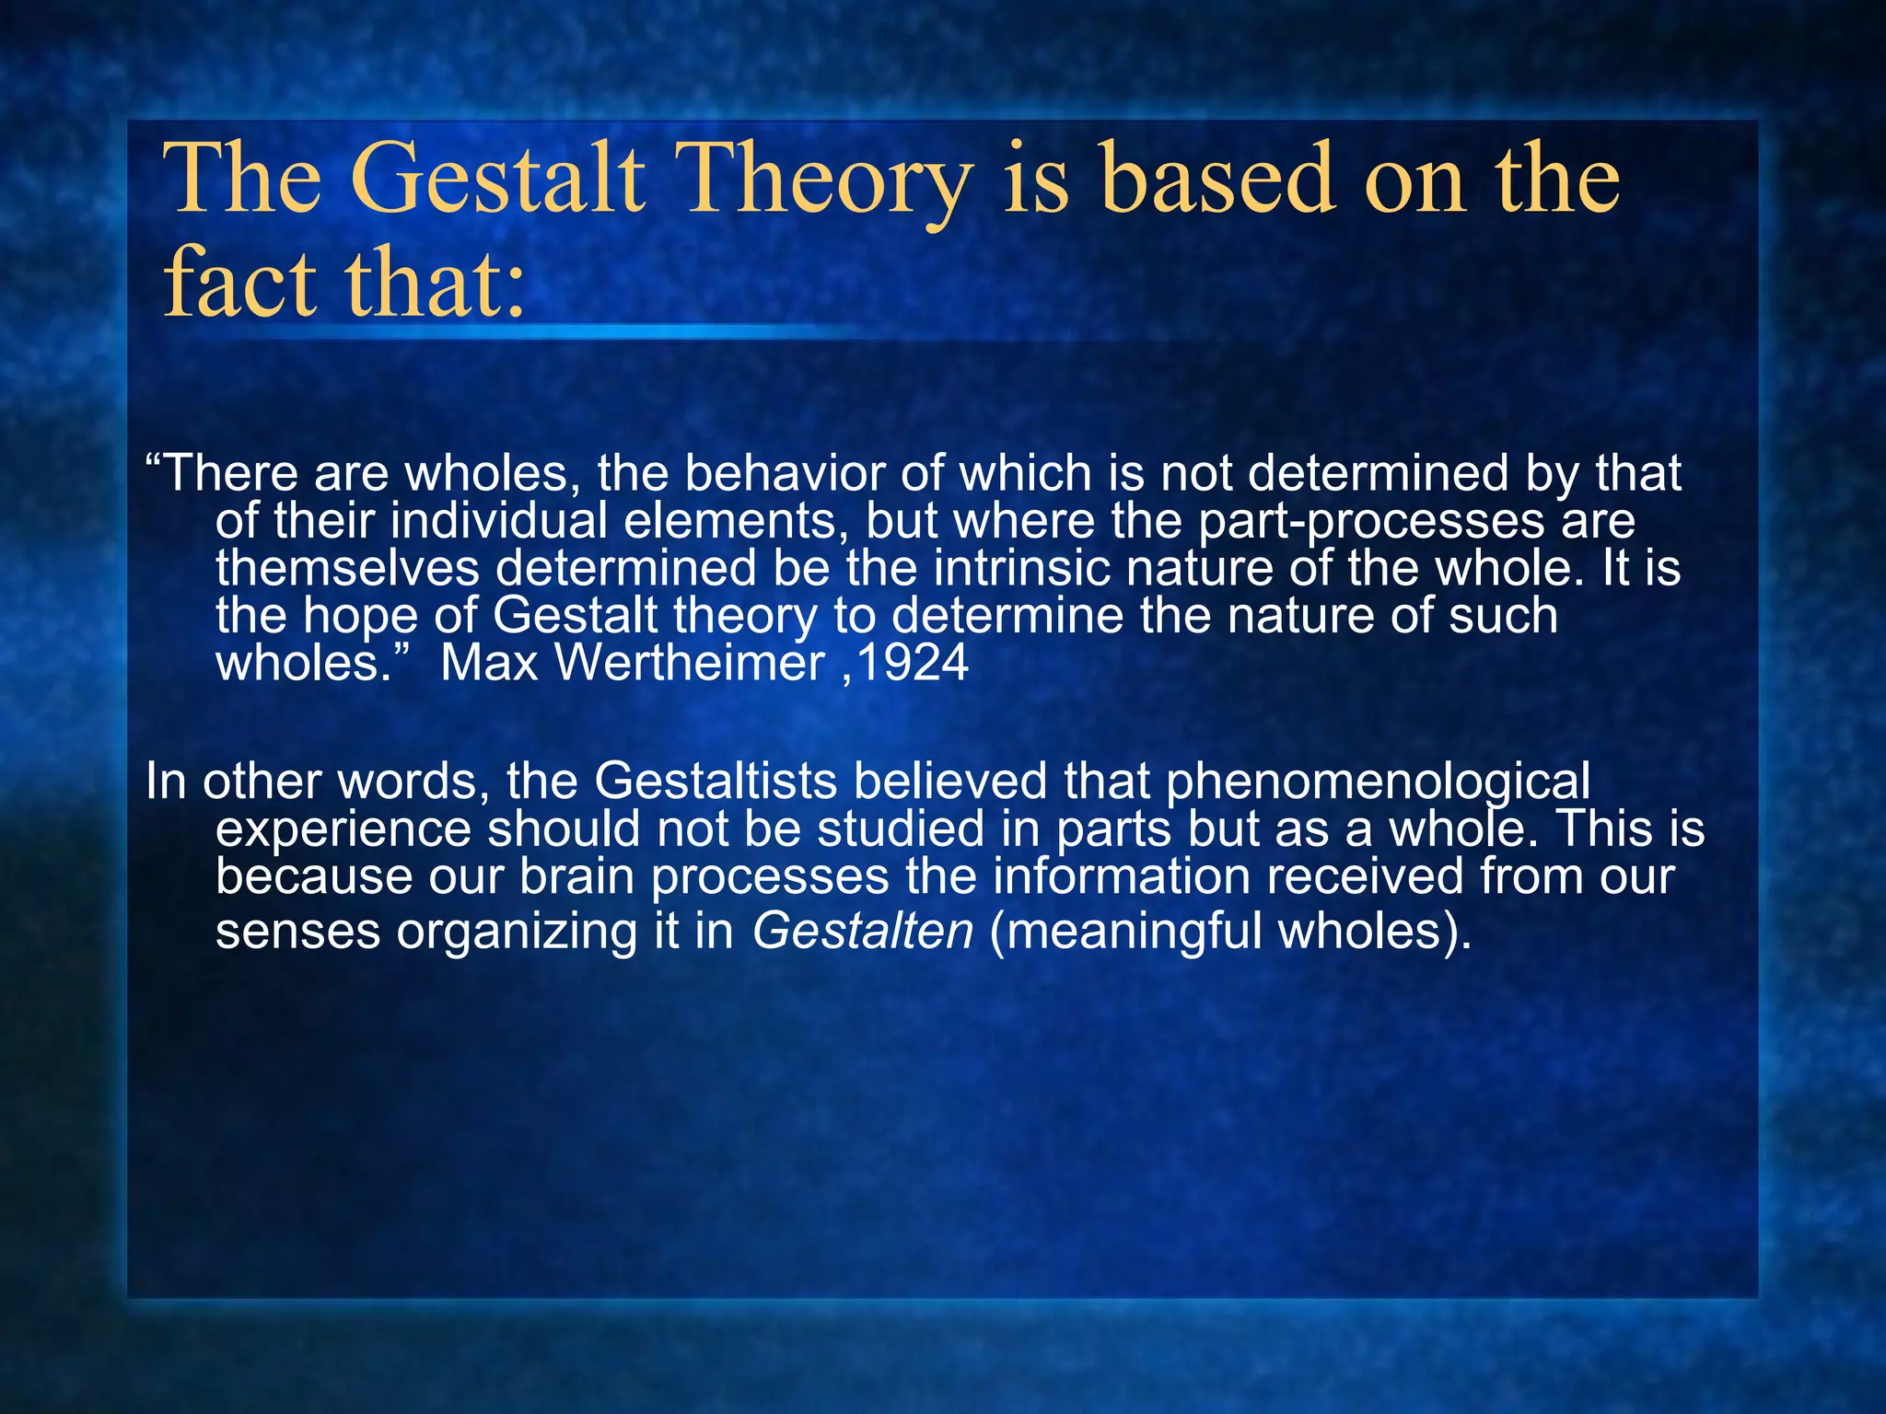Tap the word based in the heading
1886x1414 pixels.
1217,180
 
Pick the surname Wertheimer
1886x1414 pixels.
690,663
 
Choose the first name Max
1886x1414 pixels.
488,663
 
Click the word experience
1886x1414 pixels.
343,829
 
